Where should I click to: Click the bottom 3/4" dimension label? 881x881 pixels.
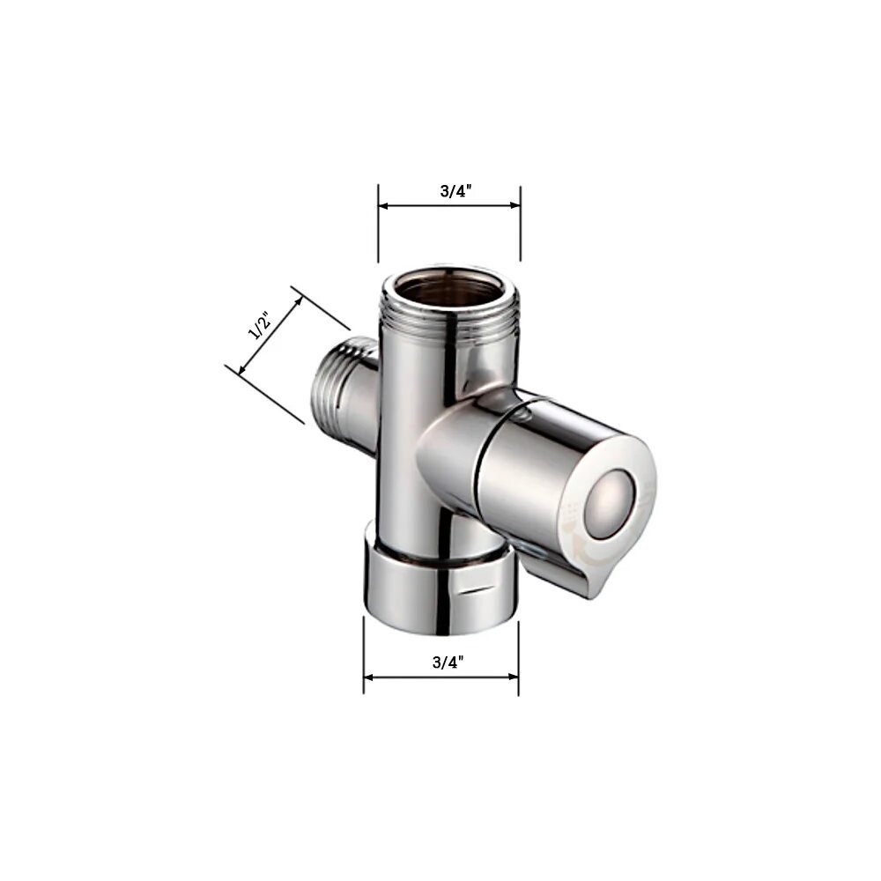pos(448,663)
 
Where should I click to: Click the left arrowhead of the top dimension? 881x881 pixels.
pos(384,205)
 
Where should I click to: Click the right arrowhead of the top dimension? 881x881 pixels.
pos(515,205)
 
